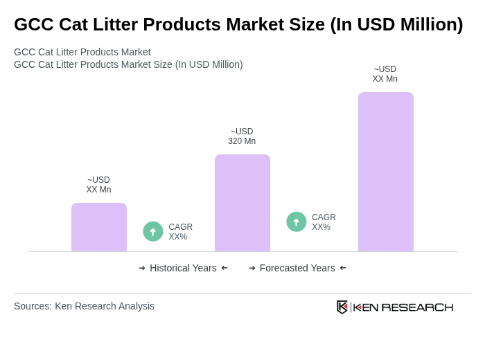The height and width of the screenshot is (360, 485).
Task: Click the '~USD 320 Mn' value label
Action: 242,136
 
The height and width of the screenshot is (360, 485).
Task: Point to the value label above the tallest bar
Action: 385,74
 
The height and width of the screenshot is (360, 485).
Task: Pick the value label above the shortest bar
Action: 98,185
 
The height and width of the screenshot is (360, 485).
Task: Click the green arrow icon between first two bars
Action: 153,231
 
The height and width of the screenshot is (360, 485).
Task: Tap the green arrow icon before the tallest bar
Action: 297,222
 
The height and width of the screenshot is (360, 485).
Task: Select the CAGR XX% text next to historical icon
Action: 181,232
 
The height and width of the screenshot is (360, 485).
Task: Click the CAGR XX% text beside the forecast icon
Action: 324,222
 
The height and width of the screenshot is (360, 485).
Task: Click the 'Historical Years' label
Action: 183,268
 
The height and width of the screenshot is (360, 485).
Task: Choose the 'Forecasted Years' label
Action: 297,268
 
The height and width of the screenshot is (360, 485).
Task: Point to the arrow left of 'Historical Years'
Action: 142,268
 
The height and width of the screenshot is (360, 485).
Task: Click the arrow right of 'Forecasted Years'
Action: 343,268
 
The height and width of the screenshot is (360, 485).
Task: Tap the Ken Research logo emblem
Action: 342,307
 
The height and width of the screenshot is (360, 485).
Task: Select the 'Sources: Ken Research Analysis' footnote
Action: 84,306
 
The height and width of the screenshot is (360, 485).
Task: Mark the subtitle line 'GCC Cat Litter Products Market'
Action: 82,52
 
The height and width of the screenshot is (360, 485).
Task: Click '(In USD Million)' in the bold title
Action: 396,24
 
